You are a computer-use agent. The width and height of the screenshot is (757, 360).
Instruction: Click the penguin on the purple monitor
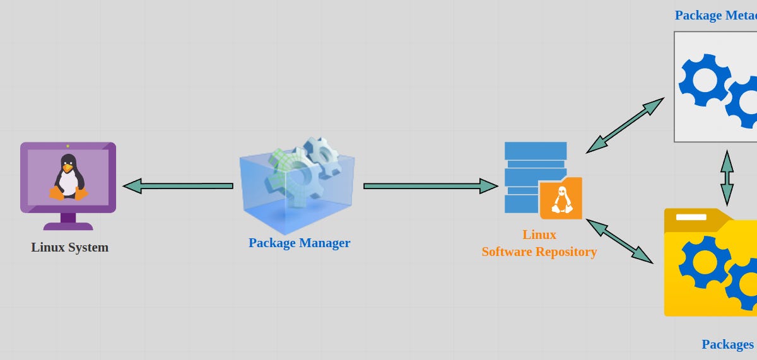(68, 178)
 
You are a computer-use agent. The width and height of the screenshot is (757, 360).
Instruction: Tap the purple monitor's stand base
(68, 226)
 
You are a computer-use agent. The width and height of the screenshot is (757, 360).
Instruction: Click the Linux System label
(69, 247)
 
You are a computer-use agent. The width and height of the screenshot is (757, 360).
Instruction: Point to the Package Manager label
(299, 243)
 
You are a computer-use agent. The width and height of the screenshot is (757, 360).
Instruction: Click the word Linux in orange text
(539, 235)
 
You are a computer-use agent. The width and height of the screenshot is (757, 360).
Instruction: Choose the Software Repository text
(539, 252)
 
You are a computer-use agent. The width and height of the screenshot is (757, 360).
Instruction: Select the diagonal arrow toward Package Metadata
(625, 125)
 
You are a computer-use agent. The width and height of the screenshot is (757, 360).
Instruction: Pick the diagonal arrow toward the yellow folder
(619, 241)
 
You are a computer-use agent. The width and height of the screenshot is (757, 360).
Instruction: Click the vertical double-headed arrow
(727, 177)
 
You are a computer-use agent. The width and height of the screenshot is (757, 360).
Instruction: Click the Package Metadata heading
(715, 15)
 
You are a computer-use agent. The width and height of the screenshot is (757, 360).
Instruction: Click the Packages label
(727, 344)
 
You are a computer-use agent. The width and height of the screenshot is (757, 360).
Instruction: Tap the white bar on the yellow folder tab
(691, 217)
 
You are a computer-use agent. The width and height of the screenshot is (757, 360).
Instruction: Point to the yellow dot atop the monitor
(67, 146)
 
